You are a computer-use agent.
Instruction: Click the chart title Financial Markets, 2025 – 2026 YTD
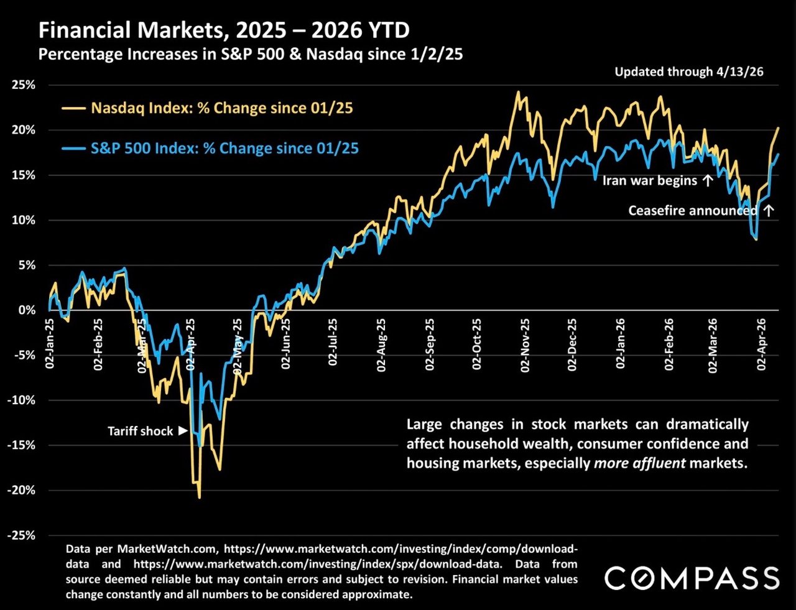(x=224, y=30)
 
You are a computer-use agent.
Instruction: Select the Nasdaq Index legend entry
(x=221, y=108)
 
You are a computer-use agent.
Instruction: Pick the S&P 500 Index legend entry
(x=224, y=149)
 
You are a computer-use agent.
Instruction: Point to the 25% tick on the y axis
(x=24, y=85)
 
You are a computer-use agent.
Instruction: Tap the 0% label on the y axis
(x=27, y=310)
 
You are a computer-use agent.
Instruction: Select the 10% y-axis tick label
(x=24, y=220)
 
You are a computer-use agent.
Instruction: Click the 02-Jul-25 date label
(x=333, y=342)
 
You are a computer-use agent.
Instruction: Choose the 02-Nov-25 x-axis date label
(x=525, y=346)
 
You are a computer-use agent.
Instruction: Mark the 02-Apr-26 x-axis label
(x=761, y=345)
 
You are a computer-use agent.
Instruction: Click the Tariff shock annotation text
(x=141, y=431)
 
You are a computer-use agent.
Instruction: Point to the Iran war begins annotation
(x=650, y=181)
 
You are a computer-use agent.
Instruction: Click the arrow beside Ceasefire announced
(x=769, y=210)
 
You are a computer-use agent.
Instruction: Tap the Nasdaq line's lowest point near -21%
(x=200, y=497)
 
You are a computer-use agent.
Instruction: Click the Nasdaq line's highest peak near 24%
(x=517, y=92)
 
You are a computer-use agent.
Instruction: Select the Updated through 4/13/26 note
(x=688, y=72)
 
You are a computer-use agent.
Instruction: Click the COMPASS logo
(x=692, y=578)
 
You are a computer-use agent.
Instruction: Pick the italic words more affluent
(x=640, y=463)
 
